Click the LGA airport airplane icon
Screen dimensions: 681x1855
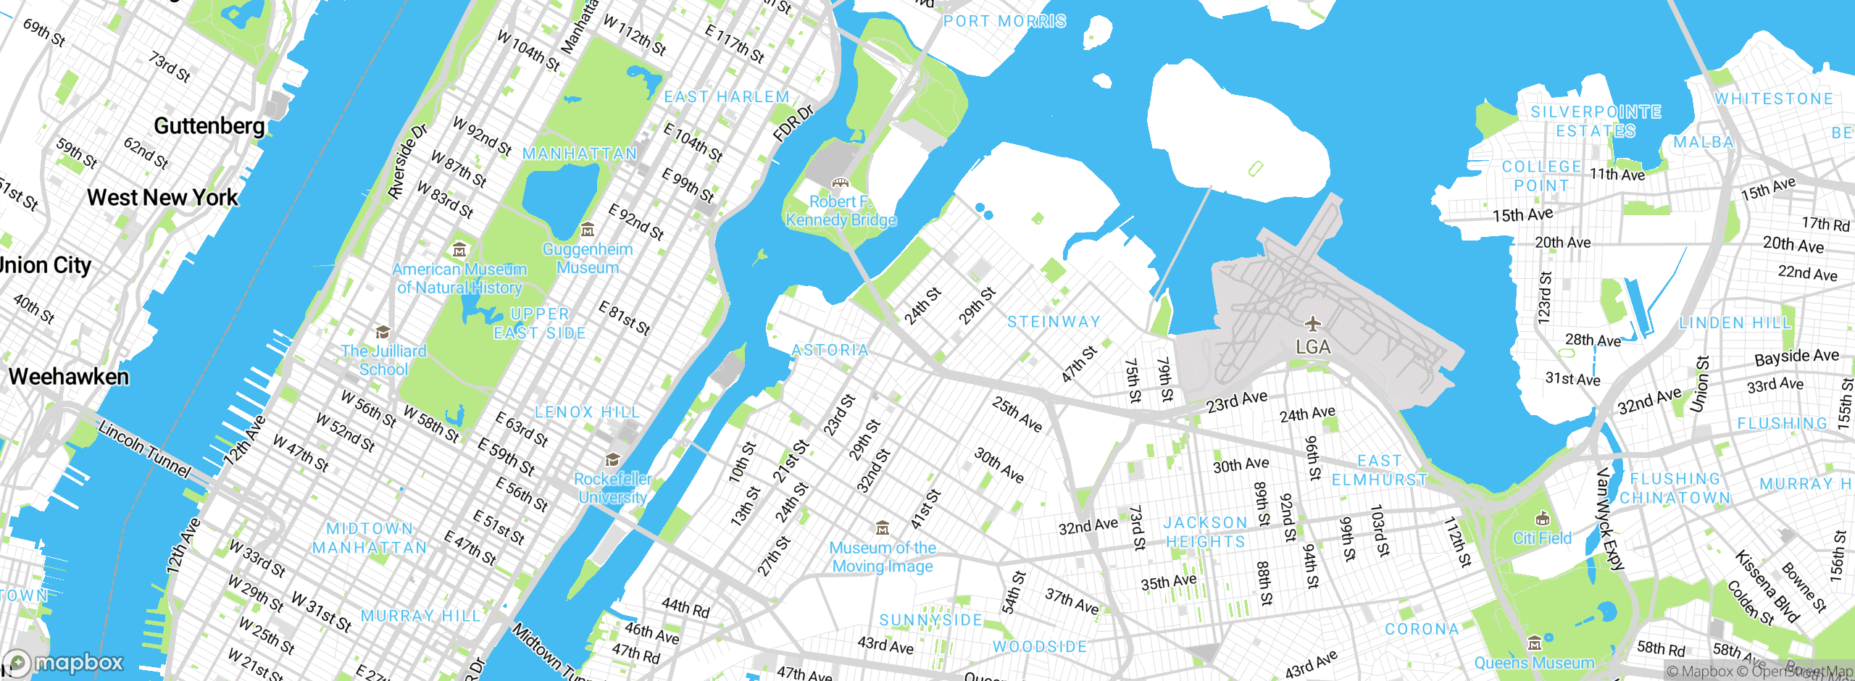[1312, 323]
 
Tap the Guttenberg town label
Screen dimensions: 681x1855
[209, 126]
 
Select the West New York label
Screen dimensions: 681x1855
[162, 198]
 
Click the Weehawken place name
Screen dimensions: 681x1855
[69, 377]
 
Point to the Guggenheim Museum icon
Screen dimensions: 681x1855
[588, 230]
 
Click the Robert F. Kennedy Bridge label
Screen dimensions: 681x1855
[841, 211]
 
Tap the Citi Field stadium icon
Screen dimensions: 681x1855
[1543, 519]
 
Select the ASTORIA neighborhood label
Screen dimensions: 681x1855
[830, 351]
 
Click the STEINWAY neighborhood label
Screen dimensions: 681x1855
[1054, 322]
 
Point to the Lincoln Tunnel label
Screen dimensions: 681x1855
[145, 449]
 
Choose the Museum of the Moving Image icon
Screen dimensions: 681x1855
[882, 527]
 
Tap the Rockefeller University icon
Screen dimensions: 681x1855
[612, 460]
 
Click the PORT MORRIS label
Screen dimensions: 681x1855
[1004, 22]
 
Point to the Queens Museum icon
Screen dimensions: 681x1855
[1534, 643]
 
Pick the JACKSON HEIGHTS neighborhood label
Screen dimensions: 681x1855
[1205, 532]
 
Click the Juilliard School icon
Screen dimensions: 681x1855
[383, 333]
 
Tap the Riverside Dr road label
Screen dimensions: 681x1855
[407, 162]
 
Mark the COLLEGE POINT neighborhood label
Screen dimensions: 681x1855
[1541, 176]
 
